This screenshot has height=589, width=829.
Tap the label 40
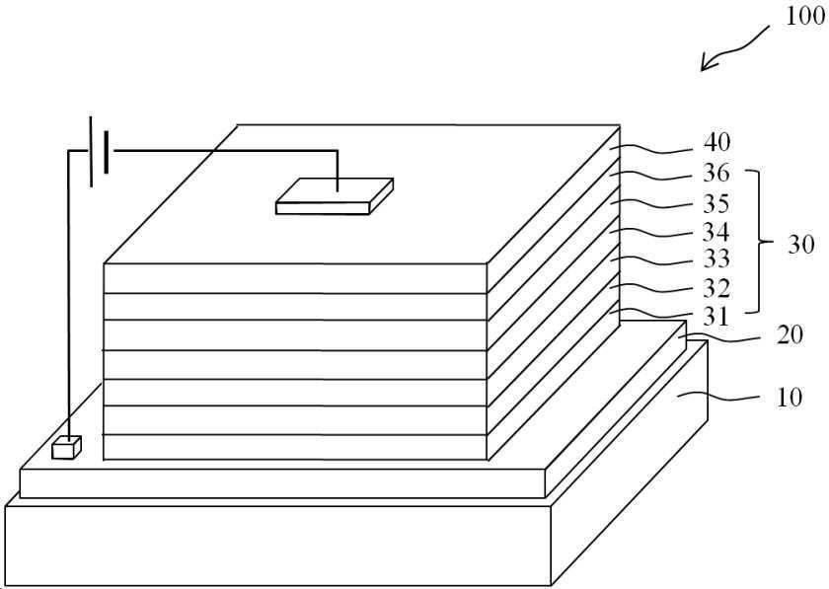716,142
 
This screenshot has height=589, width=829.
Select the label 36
716,174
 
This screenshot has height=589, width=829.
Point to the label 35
716,204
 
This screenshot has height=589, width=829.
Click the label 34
716,233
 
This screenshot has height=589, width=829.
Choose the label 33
716,259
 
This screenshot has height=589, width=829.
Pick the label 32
716,288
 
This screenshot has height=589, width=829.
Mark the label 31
716,317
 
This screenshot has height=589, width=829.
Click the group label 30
800,245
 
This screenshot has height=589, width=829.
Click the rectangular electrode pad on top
334,195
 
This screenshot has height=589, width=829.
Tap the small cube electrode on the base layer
65,447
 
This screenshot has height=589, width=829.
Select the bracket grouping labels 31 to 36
756,241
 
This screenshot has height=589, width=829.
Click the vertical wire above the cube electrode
67,296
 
